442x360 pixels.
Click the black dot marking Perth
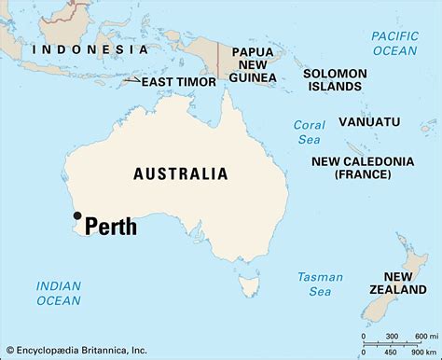click(x=76, y=216)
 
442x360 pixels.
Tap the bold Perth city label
click(x=111, y=227)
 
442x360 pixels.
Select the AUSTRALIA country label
click(x=181, y=173)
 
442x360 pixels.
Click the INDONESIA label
click(x=90, y=48)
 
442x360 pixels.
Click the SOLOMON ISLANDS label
click(x=332, y=78)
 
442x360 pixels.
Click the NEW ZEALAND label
click(x=398, y=283)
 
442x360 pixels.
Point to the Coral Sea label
click(x=309, y=132)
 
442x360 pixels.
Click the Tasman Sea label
click(x=320, y=284)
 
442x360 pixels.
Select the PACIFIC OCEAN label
click(x=394, y=43)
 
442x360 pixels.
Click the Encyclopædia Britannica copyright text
click(x=75, y=350)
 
